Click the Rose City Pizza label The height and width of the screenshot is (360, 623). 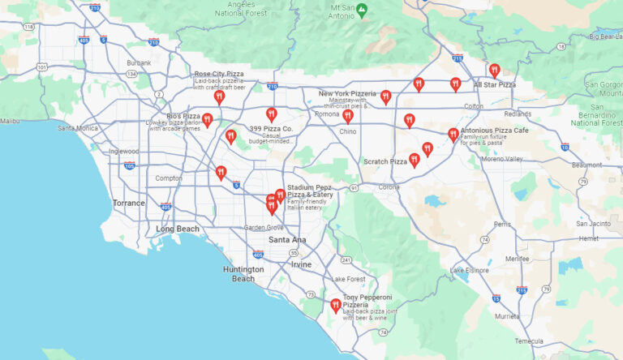(219, 74)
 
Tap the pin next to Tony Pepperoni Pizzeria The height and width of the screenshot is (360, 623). (335, 305)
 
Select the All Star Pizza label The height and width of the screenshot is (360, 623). (495, 84)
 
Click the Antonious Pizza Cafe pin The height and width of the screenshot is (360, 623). (453, 135)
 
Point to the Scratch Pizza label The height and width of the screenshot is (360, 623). (385, 161)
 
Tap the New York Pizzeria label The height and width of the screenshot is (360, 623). (347, 93)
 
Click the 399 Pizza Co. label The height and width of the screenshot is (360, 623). (271, 129)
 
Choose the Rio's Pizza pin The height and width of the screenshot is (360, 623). (208, 120)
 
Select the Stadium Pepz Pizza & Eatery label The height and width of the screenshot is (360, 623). (309, 191)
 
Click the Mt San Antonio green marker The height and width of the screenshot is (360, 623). (363, 9)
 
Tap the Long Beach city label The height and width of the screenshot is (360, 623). (178, 229)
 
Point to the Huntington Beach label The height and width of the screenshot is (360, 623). (243, 273)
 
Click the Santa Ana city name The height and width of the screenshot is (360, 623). (287, 240)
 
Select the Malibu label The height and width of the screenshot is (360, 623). (10, 121)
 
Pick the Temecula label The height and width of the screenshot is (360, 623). (530, 341)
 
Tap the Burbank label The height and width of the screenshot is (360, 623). (139, 62)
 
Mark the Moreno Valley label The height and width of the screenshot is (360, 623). (504, 159)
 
